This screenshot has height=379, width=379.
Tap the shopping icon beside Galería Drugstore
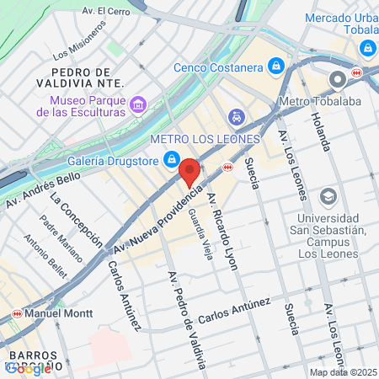pos(172,158)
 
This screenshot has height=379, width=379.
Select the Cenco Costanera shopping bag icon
pos(276,66)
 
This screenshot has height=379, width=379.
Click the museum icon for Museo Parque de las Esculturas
pos(138,105)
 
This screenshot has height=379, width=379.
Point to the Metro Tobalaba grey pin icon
pos(338,80)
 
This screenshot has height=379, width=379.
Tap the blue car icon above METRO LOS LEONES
pos(237,117)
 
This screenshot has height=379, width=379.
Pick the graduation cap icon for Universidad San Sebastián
pos(328,197)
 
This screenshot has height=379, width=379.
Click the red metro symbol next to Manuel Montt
pos(18,313)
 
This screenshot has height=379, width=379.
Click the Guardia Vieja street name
pos(199,235)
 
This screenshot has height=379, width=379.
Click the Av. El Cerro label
pos(106,11)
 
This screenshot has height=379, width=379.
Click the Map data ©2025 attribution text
pos(343,371)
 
